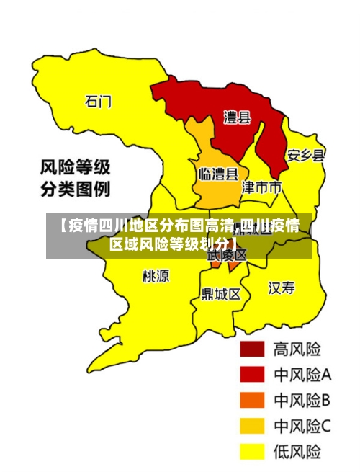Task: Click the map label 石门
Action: click(x=99, y=101)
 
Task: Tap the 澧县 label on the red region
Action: click(x=237, y=117)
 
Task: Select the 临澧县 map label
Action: click(x=218, y=174)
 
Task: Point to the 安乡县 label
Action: click(x=305, y=155)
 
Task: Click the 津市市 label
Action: click(x=261, y=188)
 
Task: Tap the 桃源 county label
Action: click(x=156, y=276)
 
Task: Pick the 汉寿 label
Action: click(x=282, y=288)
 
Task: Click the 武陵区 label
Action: click(x=228, y=255)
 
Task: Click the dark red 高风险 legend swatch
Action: click(x=252, y=349)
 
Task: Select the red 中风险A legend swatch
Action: click(x=252, y=375)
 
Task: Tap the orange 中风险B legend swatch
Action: click(x=252, y=400)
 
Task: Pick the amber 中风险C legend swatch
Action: click(x=252, y=426)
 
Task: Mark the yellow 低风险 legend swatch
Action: click(x=252, y=452)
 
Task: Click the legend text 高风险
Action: click(x=297, y=349)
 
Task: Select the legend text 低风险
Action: click(x=297, y=452)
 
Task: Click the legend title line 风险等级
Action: click(x=74, y=169)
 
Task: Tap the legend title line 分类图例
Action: click(x=74, y=190)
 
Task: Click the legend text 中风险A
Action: click(x=302, y=375)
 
